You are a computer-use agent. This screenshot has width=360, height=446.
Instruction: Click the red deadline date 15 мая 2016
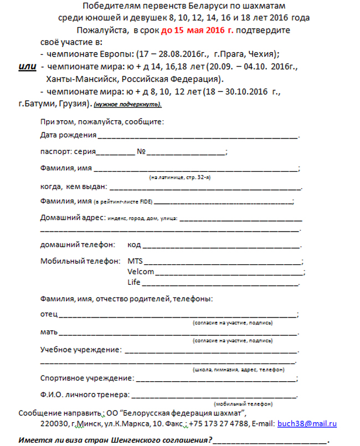191,30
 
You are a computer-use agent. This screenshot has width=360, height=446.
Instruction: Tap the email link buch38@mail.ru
307,424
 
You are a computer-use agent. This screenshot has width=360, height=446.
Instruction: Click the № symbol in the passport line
140,151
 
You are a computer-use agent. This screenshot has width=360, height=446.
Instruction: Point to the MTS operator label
135,260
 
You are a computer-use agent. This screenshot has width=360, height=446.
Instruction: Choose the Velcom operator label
140,271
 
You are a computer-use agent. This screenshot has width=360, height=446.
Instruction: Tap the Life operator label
134,283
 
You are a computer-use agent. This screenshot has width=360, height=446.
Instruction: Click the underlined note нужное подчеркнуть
127,105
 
